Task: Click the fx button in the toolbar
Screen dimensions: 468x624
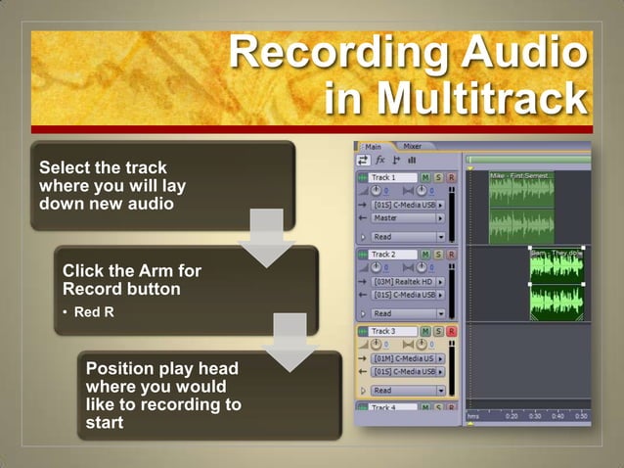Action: click(380, 161)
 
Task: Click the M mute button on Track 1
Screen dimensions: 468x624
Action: click(425, 177)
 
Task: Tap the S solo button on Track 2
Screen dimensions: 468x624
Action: click(438, 255)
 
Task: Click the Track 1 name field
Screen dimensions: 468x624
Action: click(391, 177)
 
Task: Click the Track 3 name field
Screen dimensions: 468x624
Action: click(392, 332)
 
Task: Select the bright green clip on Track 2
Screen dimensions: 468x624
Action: click(557, 285)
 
